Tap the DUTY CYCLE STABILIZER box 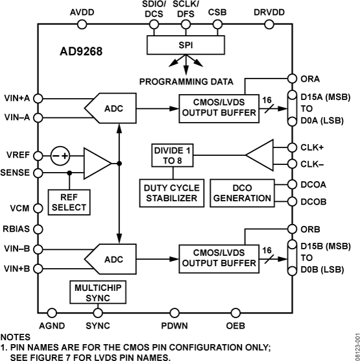click(171, 193)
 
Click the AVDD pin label click(81, 11)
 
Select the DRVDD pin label click(267, 11)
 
